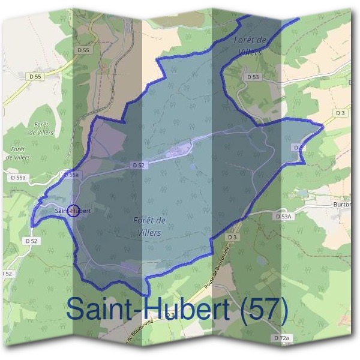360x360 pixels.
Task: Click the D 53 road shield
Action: [x=253, y=77]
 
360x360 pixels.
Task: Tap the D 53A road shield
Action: [x=283, y=216]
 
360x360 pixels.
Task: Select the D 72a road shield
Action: [x=281, y=339]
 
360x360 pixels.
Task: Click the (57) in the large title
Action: [x=262, y=309]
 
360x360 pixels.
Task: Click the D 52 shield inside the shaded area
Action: [x=137, y=165]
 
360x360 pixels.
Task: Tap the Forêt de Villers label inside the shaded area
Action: [x=147, y=226]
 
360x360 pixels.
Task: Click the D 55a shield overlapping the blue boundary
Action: [x=71, y=174]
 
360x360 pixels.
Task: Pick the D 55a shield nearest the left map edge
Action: [x=18, y=178]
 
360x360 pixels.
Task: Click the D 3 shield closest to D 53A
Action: [x=232, y=238]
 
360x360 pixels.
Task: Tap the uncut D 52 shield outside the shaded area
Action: [x=31, y=241]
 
